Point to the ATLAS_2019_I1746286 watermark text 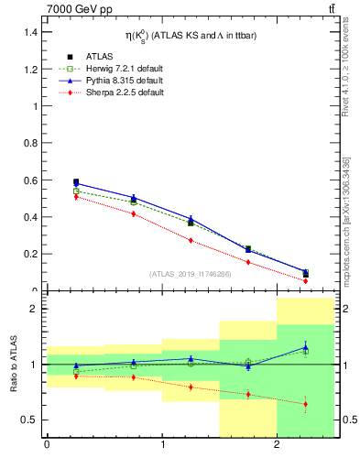(190, 274)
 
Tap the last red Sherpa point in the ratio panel (306, 404)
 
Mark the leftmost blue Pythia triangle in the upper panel (76, 184)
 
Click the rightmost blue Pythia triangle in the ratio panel (306, 346)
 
